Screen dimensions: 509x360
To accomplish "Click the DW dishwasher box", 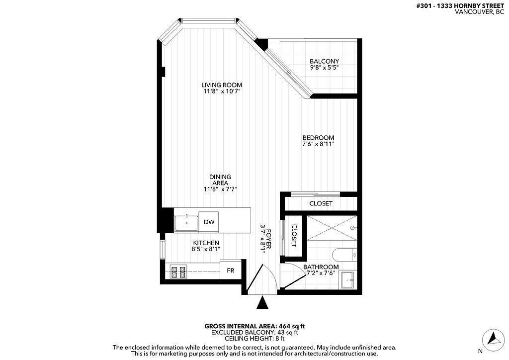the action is [209, 222].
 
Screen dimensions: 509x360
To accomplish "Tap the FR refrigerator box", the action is [231, 270].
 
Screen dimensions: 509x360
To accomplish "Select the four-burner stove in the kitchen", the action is [178, 272].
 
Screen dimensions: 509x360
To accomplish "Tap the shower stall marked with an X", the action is [332, 228].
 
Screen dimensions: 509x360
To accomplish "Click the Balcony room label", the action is [324, 61].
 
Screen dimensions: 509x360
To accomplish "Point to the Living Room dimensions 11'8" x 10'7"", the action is [222, 91].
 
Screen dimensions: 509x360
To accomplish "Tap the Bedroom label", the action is [318, 138].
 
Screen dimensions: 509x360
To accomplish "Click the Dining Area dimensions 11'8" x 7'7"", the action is [220, 189].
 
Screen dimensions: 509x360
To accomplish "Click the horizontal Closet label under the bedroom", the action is [321, 203].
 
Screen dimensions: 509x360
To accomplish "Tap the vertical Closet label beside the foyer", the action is [294, 236].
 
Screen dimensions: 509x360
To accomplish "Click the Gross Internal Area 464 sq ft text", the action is [254, 326].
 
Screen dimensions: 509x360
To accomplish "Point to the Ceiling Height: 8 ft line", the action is [254, 339].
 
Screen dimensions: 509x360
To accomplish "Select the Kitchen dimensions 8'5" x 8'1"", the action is [206, 249].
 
